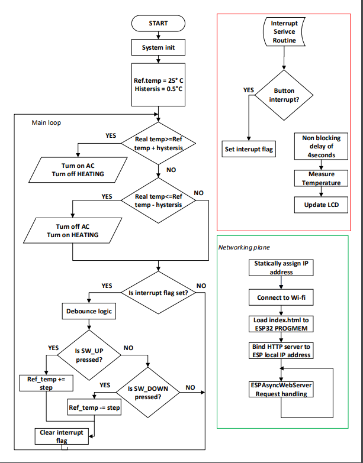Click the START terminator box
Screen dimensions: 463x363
pyautogui.click(x=158, y=23)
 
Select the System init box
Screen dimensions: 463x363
pyautogui.click(x=158, y=47)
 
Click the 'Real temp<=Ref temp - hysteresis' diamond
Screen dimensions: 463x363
pyautogui.click(x=158, y=200)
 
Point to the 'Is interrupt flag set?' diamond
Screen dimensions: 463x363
pyautogui.click(x=158, y=292)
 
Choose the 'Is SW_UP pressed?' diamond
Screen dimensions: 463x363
pyautogui.click(x=89, y=355)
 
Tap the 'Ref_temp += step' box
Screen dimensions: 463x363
pyautogui.click(x=46, y=383)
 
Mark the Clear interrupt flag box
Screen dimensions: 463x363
pyautogui.click(x=62, y=436)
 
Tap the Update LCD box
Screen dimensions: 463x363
pyautogui.click(x=321, y=205)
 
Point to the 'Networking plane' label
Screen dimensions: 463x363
pyautogui.click(x=240, y=247)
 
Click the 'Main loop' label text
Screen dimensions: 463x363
pyautogui.click(x=46, y=122)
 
